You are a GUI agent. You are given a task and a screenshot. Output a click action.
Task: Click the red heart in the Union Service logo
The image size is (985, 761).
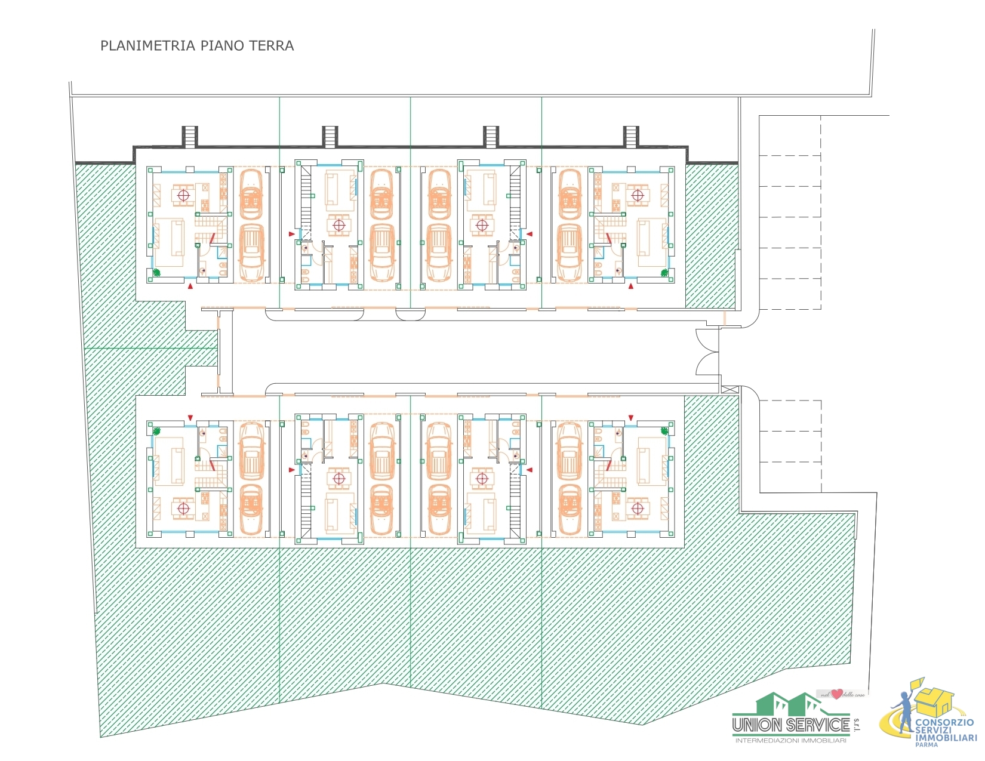(x=837, y=694)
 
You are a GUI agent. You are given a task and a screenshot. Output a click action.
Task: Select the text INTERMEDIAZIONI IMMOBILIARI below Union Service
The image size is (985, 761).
(x=790, y=741)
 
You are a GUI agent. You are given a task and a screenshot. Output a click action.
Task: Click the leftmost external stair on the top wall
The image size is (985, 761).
(x=189, y=137)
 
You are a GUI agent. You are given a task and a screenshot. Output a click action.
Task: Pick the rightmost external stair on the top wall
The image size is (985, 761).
(x=631, y=137)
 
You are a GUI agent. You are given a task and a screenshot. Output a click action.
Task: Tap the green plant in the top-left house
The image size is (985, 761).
(x=157, y=273)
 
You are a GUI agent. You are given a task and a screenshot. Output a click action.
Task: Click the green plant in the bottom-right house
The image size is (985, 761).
(x=664, y=431)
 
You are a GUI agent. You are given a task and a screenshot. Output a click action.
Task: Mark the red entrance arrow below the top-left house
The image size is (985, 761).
(x=190, y=287)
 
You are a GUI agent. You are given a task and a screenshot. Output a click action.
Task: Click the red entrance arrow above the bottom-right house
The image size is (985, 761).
(x=631, y=417)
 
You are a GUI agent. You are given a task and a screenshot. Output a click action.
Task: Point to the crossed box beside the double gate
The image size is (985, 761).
(x=729, y=389)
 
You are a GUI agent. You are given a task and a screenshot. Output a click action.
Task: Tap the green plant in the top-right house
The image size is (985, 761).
(x=664, y=273)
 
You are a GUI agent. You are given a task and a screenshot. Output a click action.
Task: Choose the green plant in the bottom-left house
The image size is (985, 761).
(x=157, y=431)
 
